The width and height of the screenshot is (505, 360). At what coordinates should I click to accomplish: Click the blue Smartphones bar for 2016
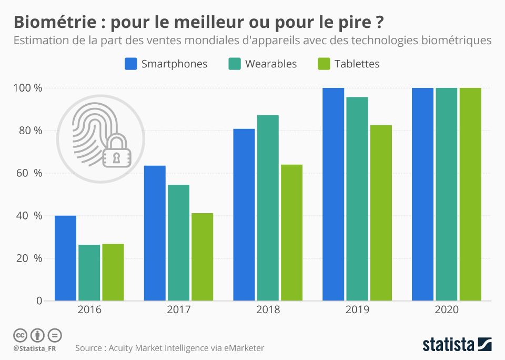coord(65,258)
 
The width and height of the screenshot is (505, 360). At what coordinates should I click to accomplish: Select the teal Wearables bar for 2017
coord(178,243)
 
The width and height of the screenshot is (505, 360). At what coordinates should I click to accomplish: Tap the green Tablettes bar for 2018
coord(291,233)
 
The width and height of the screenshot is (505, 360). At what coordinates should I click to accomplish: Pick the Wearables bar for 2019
coord(357,199)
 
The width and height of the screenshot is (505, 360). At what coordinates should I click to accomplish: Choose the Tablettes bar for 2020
coord(470,194)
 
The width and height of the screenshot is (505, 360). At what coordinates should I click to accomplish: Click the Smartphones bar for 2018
coord(244,215)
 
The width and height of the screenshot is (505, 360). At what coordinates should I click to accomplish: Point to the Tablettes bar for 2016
coord(113,272)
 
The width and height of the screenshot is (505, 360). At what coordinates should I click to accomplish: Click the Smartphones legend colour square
coord(131,64)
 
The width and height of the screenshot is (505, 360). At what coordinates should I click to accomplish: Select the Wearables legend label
coord(270,64)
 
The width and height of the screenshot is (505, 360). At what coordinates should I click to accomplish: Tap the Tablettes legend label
coord(357,64)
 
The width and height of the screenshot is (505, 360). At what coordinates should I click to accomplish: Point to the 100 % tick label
coord(27,88)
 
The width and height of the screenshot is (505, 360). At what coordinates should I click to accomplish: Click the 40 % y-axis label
coord(30,216)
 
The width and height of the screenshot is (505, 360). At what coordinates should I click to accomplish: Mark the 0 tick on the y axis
coord(39,301)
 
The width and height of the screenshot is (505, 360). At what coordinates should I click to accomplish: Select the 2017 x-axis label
coord(179,310)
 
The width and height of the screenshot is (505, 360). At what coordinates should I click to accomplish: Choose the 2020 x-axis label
coord(447,310)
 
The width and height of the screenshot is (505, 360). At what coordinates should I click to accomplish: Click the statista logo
coord(457,345)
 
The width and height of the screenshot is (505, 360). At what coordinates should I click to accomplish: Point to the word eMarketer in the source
coord(241,348)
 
